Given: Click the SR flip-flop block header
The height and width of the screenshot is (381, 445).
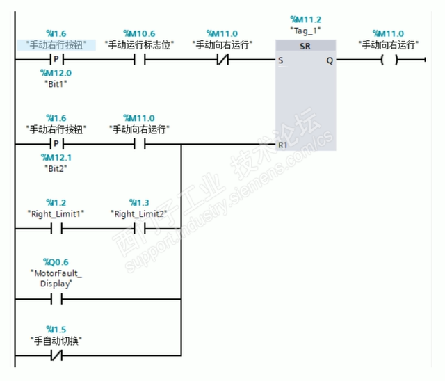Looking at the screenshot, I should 305,46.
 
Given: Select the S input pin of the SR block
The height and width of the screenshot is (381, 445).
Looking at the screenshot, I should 281,60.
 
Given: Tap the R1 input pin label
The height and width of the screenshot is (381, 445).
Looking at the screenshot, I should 282,145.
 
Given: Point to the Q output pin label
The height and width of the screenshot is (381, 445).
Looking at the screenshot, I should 329,60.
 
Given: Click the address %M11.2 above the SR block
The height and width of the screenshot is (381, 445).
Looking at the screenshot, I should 305,20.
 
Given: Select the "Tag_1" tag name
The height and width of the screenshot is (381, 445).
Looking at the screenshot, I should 305,31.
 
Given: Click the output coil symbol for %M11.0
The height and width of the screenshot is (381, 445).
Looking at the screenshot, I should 389,60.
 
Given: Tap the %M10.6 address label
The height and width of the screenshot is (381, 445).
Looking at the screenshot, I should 138,33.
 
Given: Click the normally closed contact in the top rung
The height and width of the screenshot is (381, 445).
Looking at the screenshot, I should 222,60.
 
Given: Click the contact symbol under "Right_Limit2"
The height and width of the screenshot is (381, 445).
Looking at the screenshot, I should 138,229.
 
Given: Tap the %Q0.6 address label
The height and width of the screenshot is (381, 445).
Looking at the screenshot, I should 56,262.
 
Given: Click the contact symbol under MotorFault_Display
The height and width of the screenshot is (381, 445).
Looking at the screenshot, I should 56,300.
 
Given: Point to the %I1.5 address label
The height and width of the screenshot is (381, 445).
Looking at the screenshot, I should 56,329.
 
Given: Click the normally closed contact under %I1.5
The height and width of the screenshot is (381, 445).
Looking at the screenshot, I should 56,357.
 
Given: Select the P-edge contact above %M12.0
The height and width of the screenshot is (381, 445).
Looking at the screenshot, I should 56,60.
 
